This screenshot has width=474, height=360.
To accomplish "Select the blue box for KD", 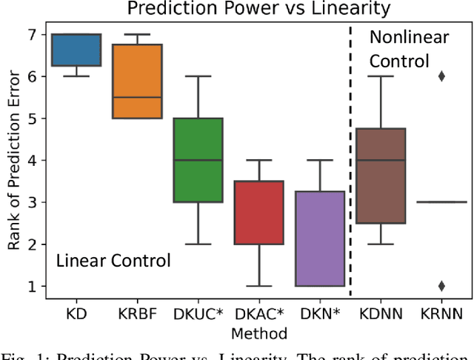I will [75, 50].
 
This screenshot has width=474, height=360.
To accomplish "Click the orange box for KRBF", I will [137, 81].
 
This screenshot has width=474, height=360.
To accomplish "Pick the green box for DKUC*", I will [198, 159].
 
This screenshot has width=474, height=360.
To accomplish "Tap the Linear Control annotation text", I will [113, 261].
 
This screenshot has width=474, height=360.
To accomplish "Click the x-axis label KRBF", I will [137, 314].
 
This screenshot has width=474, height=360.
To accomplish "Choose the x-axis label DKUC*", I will [198, 314].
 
